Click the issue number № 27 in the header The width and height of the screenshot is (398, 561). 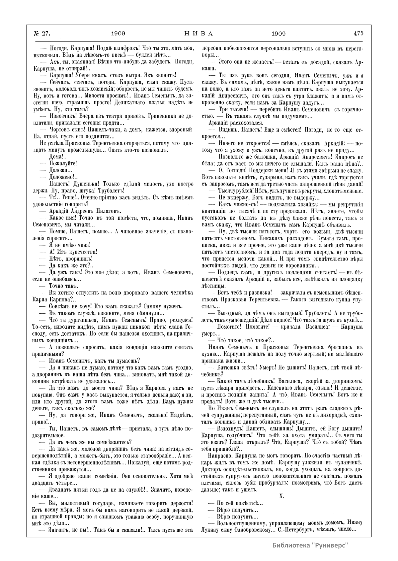(41, 33)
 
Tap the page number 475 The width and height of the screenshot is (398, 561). (358, 33)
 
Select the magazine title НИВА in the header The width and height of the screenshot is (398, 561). (199, 33)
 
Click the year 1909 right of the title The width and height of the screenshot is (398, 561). (279, 33)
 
